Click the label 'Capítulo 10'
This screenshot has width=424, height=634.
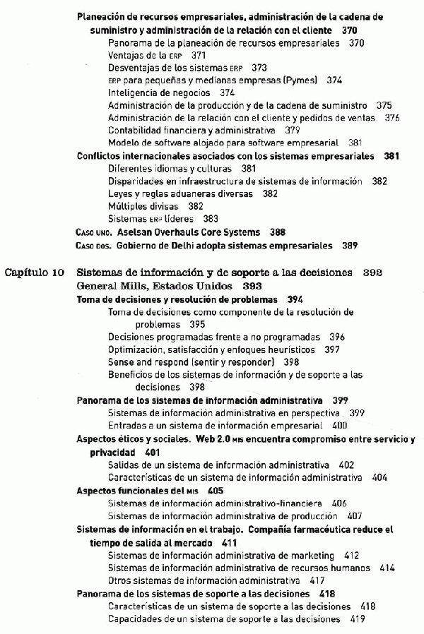(35, 273)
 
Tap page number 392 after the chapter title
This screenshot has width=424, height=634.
(373, 273)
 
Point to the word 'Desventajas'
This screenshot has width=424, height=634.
(134, 68)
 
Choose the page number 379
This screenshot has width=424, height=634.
(292, 130)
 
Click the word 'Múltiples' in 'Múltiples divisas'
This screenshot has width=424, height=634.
(126, 206)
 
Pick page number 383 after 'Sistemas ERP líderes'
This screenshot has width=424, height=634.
(211, 219)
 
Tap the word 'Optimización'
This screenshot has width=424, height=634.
(136, 349)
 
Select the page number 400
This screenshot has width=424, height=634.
(339, 426)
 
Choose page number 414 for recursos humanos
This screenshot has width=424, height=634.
(387, 568)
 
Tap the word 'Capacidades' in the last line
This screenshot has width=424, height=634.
(135, 619)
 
